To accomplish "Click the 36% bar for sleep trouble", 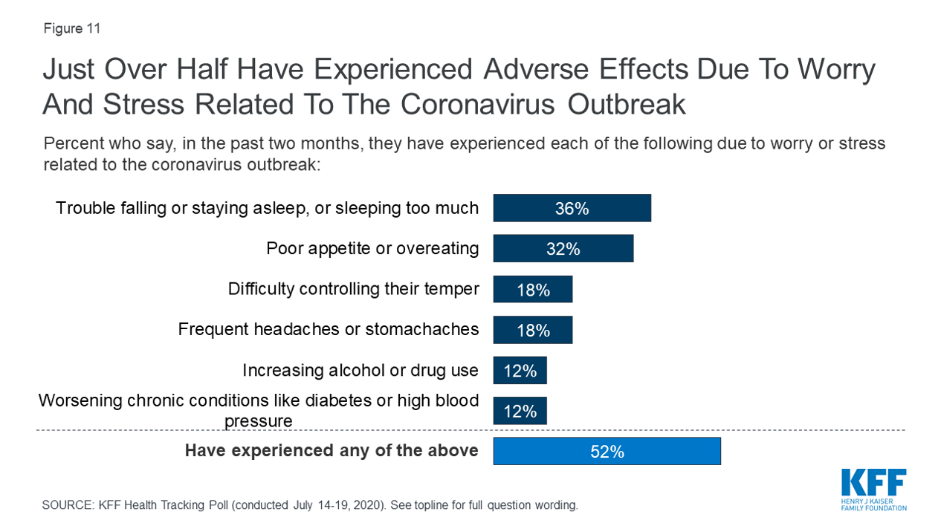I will pyautogui.click(x=572, y=208).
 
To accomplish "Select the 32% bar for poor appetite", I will pyautogui.click(x=563, y=248).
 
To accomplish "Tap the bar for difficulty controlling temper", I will pyautogui.click(x=532, y=289).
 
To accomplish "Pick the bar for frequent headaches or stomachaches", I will pyautogui.click(x=532, y=329).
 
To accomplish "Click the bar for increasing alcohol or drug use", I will pyautogui.click(x=520, y=370).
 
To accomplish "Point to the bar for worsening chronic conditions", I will pyautogui.click(x=520, y=410).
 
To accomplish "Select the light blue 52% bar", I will pyautogui.click(x=607, y=451).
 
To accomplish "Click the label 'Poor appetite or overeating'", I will pyautogui.click(x=372, y=248).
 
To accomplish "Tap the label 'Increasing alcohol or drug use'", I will pyautogui.click(x=360, y=370).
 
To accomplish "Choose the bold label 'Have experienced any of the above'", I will pyautogui.click(x=332, y=450).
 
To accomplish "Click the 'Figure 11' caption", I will pyautogui.click(x=71, y=29).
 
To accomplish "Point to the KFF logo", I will pyautogui.click(x=873, y=489).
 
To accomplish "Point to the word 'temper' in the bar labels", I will pyautogui.click(x=451, y=288).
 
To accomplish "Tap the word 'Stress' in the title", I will pyautogui.click(x=140, y=104).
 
